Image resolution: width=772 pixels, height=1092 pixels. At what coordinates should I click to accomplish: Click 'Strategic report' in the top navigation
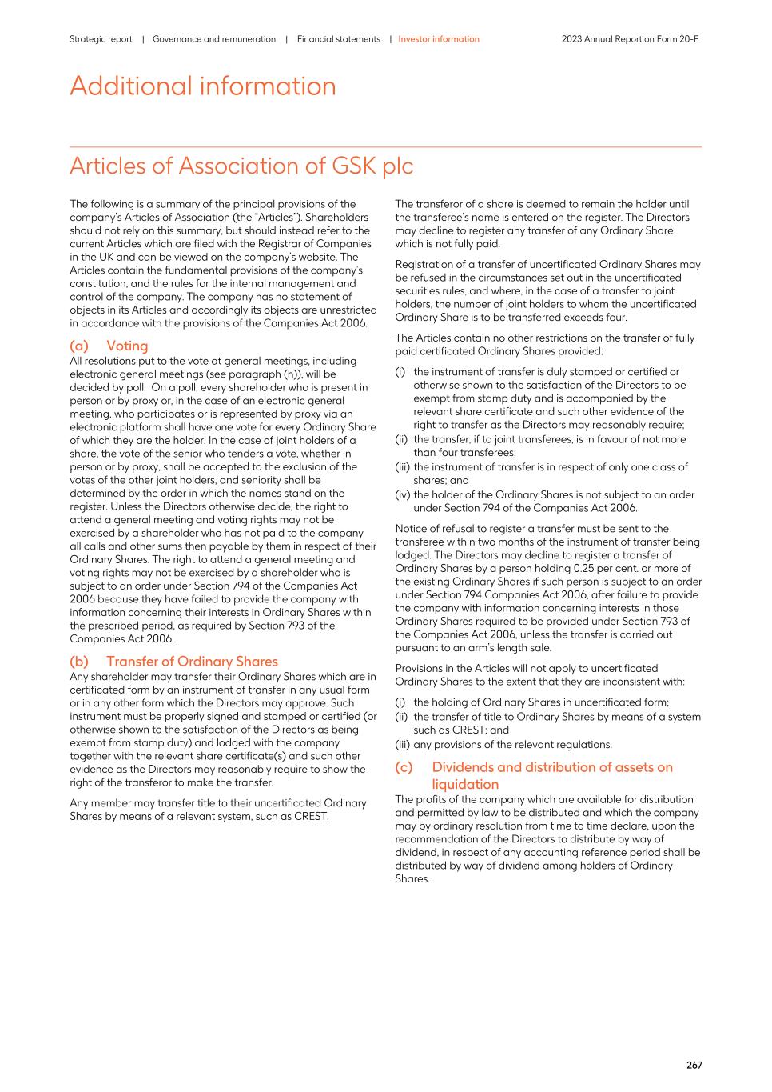tap(101, 39)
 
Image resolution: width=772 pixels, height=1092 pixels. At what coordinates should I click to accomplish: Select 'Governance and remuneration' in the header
tap(213, 39)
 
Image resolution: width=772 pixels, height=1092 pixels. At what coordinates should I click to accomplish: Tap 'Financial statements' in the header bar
tap(338, 39)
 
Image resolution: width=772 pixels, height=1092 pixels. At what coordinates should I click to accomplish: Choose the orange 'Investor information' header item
tap(439, 39)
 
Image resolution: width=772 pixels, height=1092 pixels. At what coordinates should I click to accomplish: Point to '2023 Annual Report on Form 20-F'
tap(630, 39)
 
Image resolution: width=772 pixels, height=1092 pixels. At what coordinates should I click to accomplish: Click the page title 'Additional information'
tap(203, 86)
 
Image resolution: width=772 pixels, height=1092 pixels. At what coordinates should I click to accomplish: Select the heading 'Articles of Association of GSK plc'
tap(241, 166)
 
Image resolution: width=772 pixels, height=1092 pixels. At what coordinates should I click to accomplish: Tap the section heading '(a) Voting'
tap(109, 346)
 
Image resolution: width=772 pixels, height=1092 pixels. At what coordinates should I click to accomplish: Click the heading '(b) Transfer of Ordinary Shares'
tap(173, 662)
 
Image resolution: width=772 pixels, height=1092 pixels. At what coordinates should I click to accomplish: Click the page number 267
tap(694, 1065)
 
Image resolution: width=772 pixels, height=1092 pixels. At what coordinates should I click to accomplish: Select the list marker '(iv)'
tap(402, 494)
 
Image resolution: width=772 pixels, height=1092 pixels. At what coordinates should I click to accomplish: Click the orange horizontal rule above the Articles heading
tap(385, 146)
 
